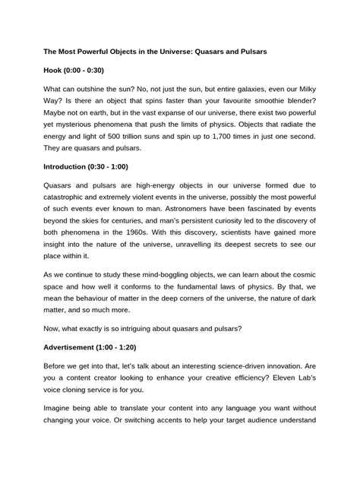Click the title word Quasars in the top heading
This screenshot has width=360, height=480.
click(x=219, y=51)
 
